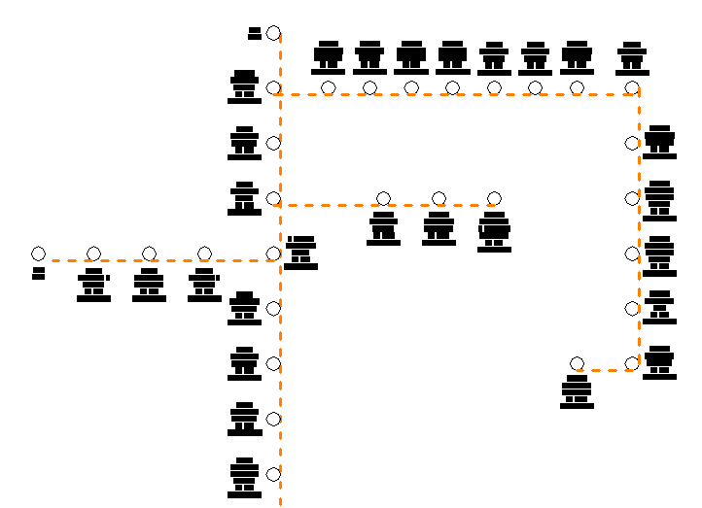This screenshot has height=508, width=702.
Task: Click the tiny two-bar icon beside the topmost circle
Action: click(x=255, y=33)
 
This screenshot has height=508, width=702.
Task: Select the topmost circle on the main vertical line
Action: click(x=273, y=33)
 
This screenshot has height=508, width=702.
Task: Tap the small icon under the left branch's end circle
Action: click(x=38, y=273)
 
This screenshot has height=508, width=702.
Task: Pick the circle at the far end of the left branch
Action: click(x=38, y=254)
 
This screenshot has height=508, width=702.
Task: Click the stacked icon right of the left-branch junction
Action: click(x=300, y=253)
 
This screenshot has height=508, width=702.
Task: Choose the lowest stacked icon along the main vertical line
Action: click(x=244, y=478)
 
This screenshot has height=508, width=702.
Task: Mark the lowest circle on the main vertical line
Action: click(x=273, y=474)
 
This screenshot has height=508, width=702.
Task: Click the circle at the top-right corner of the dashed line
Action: click(x=632, y=88)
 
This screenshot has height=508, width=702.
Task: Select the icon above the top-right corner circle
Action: click(x=632, y=58)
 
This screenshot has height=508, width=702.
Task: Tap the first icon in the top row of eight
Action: click(x=329, y=58)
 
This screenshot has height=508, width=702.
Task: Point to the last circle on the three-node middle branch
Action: click(x=494, y=199)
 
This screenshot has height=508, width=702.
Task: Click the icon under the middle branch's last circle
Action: click(x=494, y=231)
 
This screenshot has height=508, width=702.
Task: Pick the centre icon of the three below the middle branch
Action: click(x=439, y=228)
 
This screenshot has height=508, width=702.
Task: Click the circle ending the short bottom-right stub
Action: click(x=577, y=363)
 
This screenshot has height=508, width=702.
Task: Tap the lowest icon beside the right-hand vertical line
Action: click(x=659, y=362)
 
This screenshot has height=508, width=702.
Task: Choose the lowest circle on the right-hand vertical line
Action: click(x=632, y=363)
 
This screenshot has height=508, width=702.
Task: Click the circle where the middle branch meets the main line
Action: click(x=273, y=199)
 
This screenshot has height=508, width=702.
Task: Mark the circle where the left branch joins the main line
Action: click(x=273, y=254)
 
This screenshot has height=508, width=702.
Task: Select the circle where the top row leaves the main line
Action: click(x=273, y=88)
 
